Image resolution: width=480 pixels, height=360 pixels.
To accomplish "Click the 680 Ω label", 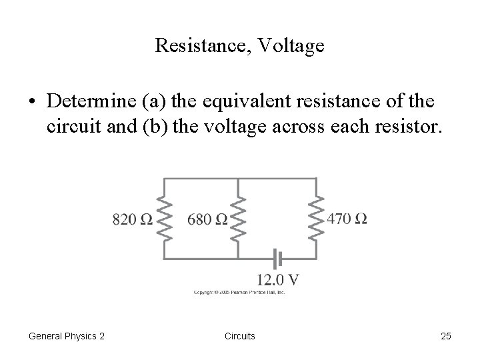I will tap(207, 219).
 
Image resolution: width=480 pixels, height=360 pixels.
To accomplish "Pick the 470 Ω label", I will tap(347, 219).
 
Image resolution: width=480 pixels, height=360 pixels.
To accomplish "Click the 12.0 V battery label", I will tap(278, 279).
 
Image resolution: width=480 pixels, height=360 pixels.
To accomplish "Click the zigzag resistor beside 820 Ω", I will tap(164, 218).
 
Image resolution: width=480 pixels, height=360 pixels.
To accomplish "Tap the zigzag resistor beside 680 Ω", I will tap(238, 218).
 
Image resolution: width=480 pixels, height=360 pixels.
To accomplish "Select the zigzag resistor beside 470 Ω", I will tap(316, 218).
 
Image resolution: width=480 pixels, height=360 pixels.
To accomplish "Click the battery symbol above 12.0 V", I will tap(278, 257).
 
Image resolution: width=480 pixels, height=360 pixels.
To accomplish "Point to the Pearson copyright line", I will tap(239, 293).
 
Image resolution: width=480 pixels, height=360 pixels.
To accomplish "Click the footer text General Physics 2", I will tap(67, 336).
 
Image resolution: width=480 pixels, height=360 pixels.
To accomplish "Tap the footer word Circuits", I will tap(239, 336).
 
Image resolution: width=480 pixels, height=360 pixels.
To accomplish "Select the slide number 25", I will tap(445, 336).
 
